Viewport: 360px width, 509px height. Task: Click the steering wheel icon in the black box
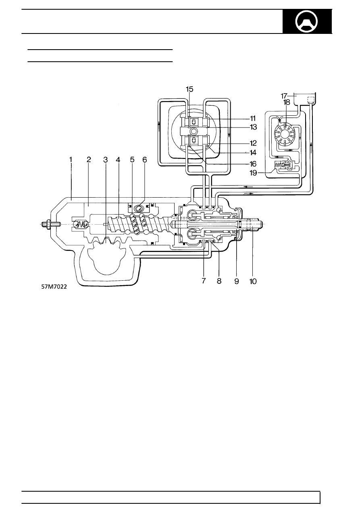tap(307, 22)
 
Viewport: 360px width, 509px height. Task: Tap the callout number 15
tap(189, 89)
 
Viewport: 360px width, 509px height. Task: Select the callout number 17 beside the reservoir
tap(284, 96)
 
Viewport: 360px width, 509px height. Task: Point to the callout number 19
tap(253, 173)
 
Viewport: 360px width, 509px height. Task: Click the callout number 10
tap(253, 282)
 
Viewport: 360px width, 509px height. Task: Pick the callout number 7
tap(204, 281)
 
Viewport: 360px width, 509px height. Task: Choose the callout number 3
tap(105, 160)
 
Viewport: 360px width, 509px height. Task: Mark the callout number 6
tap(145, 160)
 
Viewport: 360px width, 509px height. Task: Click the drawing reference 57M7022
tap(54, 287)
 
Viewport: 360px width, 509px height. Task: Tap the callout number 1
tap(71, 160)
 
